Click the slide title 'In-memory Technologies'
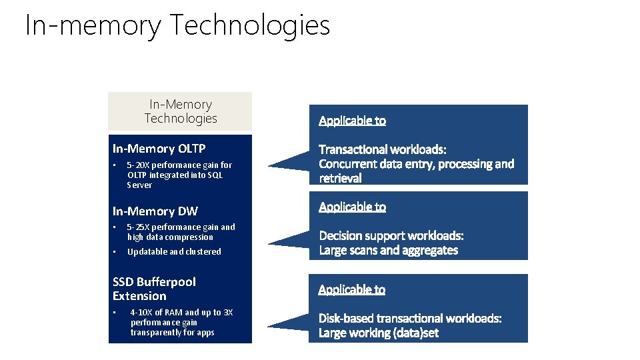(x=177, y=26)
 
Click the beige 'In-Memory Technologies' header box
(x=180, y=111)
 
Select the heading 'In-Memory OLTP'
(x=159, y=149)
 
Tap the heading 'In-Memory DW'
(x=155, y=211)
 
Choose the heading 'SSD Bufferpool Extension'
(x=154, y=289)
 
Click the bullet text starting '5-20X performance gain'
(x=179, y=175)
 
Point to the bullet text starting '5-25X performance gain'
(x=181, y=232)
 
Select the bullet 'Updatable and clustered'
(x=174, y=252)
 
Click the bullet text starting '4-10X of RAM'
(x=181, y=322)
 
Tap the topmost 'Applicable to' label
(x=352, y=121)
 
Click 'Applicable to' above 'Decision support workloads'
(x=352, y=207)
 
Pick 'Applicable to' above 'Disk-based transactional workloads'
(x=351, y=289)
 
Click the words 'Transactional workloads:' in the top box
(x=383, y=149)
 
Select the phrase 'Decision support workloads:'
(x=391, y=236)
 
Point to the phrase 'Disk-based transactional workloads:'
(x=410, y=319)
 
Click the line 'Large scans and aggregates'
(x=389, y=251)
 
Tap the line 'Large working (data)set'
(x=379, y=333)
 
